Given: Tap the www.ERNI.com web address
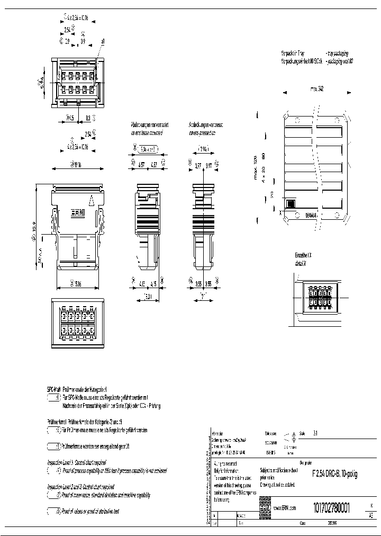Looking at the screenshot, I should tap(285, 508).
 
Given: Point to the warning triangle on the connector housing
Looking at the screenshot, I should tap(92, 200).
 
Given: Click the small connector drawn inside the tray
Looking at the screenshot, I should tap(291, 204).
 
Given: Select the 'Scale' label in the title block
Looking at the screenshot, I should tap(303, 433).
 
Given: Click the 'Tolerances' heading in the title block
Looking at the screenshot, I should tap(270, 433).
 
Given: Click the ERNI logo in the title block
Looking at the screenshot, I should tap(265, 507).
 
